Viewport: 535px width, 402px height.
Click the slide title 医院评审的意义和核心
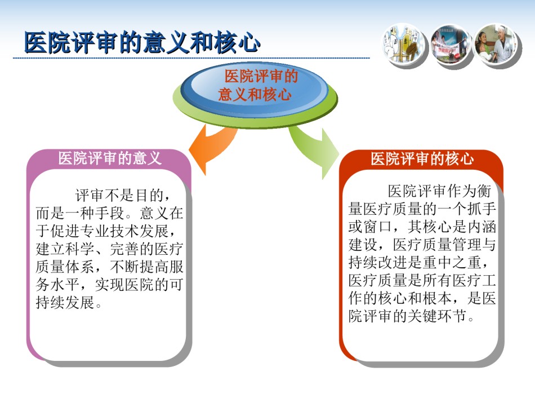point(142,43)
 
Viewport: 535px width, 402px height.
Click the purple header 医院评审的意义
point(109,158)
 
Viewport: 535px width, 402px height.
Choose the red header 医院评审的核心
point(422,159)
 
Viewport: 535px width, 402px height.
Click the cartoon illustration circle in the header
point(404,44)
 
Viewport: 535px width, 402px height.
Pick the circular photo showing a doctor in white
point(497,45)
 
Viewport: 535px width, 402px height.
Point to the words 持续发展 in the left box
point(65,302)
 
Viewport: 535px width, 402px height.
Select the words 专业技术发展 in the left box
point(124,231)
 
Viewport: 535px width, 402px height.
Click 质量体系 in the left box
point(65,267)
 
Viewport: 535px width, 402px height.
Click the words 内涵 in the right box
point(481,227)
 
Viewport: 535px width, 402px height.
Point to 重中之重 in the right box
point(452,262)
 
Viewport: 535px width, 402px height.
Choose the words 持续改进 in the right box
point(378,262)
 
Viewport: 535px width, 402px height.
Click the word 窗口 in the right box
point(378,227)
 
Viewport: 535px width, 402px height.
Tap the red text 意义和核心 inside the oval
point(255,94)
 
